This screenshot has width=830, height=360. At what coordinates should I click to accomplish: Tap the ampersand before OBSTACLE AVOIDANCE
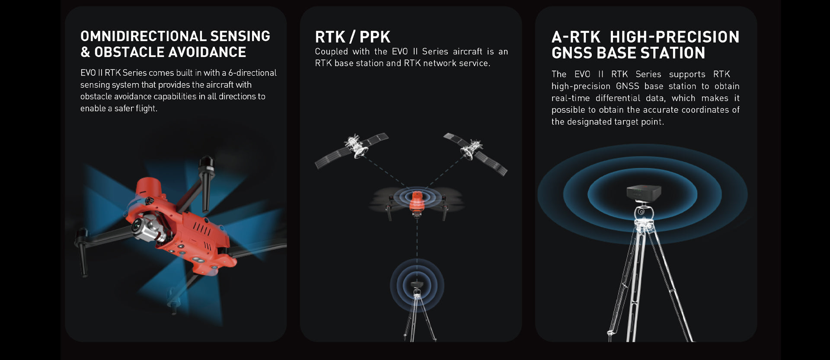(85, 52)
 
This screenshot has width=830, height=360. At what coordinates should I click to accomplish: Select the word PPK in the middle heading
(375, 37)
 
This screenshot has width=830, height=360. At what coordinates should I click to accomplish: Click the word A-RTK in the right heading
(576, 37)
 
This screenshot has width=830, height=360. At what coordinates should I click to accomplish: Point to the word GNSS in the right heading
(572, 53)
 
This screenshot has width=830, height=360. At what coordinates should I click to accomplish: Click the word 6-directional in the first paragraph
(252, 73)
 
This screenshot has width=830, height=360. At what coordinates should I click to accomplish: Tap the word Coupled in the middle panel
(331, 52)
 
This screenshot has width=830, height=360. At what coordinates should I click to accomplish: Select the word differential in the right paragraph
(618, 98)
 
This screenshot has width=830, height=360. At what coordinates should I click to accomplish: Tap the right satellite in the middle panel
(475, 153)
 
